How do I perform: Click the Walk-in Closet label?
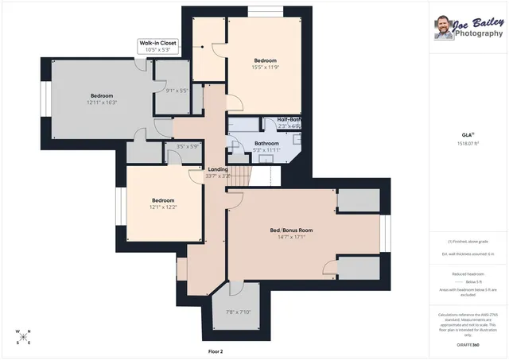157,43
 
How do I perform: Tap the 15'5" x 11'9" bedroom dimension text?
265,68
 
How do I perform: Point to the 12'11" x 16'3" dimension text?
101,103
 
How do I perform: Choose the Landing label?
217,169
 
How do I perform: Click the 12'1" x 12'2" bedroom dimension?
163,207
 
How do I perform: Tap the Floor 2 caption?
216,350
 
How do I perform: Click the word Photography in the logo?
478,34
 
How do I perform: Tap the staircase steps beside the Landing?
239,173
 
